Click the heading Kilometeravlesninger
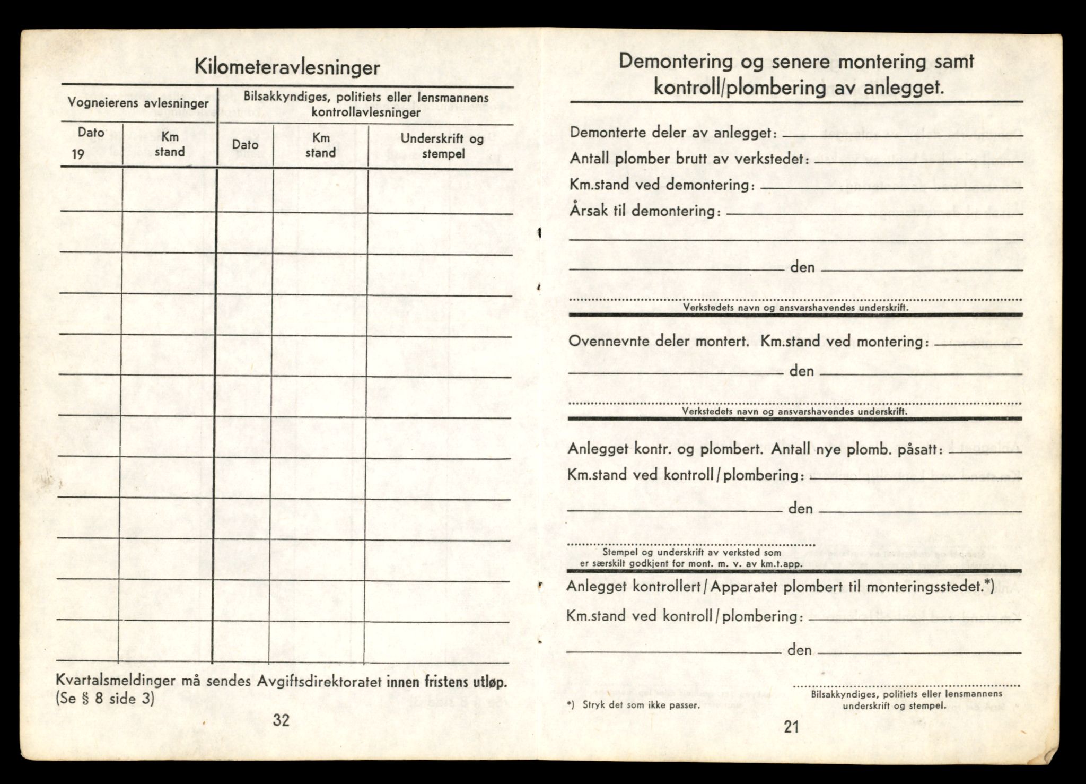tap(287, 68)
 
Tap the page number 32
tap(281, 720)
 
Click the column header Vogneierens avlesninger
tap(138, 103)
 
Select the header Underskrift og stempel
tap(442, 146)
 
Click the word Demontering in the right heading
tap(677, 62)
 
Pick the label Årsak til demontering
tap(645, 211)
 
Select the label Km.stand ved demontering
tap(661, 185)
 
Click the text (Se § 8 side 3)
tap(105, 699)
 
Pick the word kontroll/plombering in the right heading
tap(739, 88)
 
